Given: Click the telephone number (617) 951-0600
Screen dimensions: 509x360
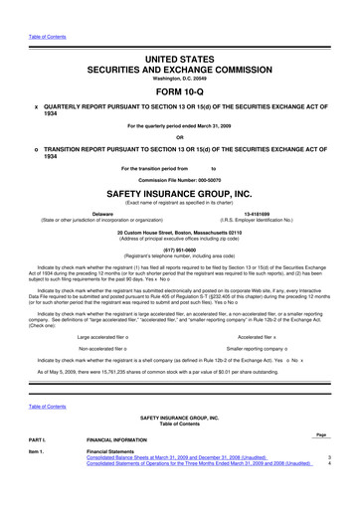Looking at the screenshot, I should coord(180,253).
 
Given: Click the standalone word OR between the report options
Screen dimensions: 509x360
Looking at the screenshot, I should coord(180,137).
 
